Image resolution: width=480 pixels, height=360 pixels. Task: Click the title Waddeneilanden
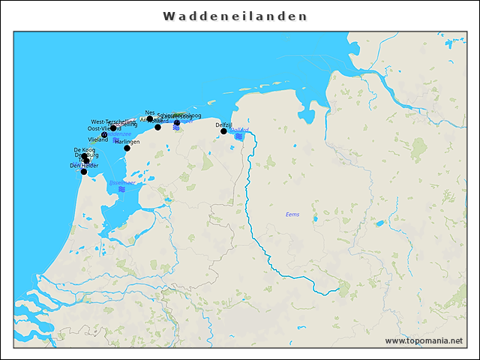(x=235, y=16)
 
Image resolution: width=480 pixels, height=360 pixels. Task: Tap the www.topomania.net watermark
(x=424, y=340)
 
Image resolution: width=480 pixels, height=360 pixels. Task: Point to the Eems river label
(x=292, y=214)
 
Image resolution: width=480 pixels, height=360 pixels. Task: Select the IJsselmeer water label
(x=121, y=182)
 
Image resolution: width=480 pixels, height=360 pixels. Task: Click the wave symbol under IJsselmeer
(x=121, y=190)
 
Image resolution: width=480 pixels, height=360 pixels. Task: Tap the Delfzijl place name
(x=223, y=124)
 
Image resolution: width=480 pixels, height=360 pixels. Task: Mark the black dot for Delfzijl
(x=223, y=131)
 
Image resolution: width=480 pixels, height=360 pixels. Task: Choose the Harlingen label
(x=127, y=142)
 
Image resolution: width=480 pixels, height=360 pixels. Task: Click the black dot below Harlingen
(x=127, y=148)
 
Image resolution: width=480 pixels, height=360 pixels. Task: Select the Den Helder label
(x=84, y=165)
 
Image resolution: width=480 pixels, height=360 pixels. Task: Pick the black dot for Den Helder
(x=84, y=172)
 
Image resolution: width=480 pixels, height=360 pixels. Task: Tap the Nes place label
(x=150, y=112)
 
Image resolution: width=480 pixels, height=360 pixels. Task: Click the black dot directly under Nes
(x=150, y=118)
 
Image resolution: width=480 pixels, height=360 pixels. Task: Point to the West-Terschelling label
(x=113, y=121)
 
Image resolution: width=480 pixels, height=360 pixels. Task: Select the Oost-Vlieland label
(x=104, y=128)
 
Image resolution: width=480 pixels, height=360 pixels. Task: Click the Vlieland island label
(x=98, y=139)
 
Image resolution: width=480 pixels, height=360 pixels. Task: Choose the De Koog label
(x=84, y=150)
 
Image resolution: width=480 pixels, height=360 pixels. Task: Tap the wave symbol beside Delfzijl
(x=238, y=136)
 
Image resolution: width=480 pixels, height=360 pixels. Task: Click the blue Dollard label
(x=238, y=130)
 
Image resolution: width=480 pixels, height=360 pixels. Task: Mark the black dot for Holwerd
(x=157, y=127)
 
